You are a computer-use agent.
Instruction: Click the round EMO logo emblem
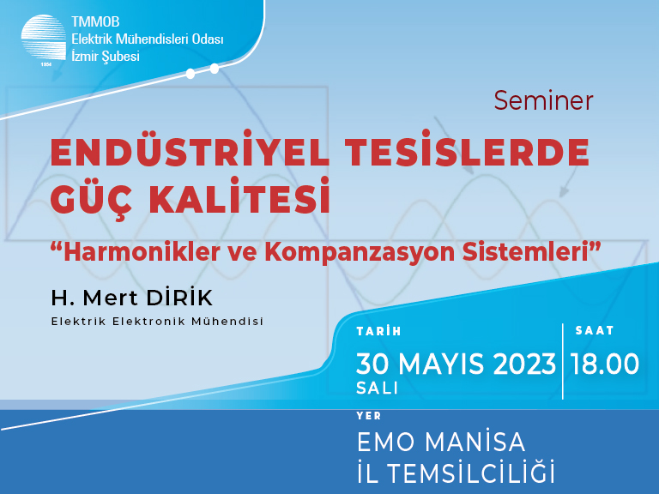(44, 39)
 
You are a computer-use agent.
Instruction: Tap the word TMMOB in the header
(95, 21)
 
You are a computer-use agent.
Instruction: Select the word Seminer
(543, 101)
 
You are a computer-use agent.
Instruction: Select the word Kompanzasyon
(360, 252)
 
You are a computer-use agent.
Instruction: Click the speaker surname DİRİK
(179, 298)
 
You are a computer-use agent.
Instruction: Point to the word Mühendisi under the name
(227, 322)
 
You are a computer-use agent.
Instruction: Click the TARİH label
(378, 331)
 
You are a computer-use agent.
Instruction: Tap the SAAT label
(595, 330)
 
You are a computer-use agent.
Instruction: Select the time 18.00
(605, 364)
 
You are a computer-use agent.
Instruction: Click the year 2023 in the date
(524, 364)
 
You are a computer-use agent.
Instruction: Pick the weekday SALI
(377, 389)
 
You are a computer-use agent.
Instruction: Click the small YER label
(369, 416)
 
